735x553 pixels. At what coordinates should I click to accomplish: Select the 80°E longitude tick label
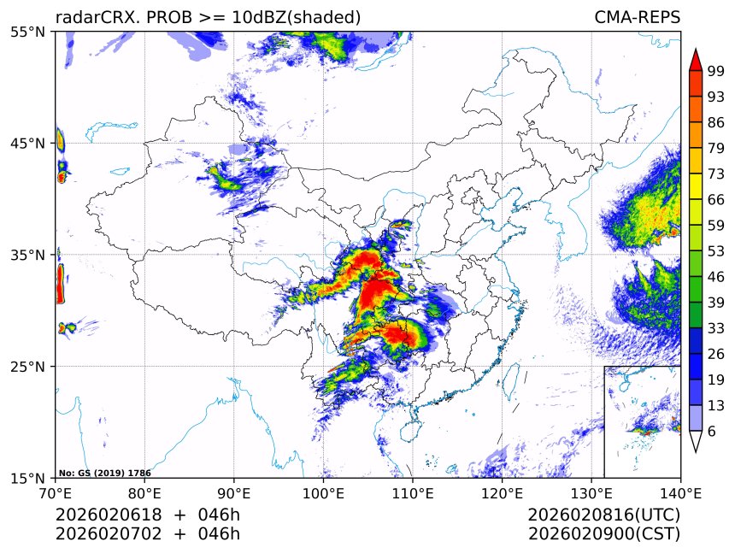coord(144,492)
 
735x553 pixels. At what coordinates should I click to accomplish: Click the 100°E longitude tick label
coord(323,492)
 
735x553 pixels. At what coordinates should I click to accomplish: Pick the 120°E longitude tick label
coord(502,492)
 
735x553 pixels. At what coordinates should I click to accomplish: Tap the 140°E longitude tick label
coord(680,492)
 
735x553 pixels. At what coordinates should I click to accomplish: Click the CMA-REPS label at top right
coord(637,17)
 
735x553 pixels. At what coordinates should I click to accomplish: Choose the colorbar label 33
coord(716,328)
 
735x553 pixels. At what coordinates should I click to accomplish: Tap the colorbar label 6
coord(712,431)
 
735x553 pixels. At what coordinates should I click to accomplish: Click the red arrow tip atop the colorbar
coord(695,60)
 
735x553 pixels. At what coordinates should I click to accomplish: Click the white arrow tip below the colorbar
coord(695,442)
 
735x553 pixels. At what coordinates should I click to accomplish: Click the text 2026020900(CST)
coord(603,534)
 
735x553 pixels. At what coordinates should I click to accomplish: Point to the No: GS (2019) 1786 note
coord(104,473)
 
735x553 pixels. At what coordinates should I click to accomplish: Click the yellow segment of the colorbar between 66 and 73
coord(695,184)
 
